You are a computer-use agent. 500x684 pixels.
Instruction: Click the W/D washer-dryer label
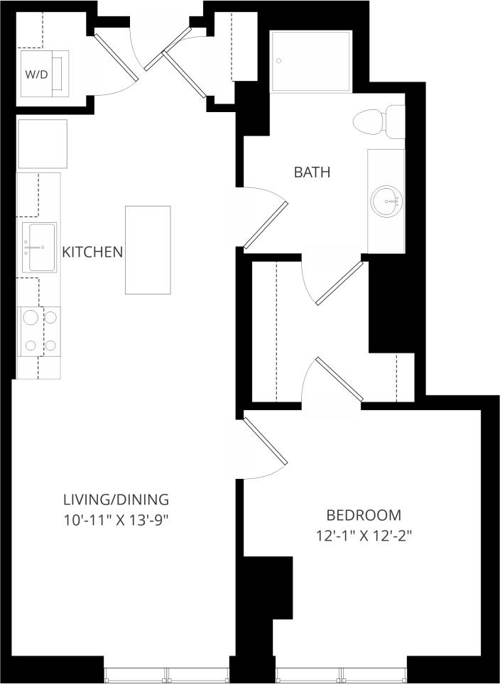coord(36,74)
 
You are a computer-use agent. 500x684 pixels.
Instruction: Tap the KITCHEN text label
coord(92,252)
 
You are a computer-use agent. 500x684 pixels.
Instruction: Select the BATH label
coord(312,172)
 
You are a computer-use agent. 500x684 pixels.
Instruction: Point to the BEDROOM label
coord(364,515)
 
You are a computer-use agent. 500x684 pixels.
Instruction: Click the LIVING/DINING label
coord(116,498)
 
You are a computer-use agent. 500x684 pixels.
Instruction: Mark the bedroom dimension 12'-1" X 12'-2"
coord(364,537)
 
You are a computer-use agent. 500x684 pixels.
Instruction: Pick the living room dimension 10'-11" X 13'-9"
coord(116,520)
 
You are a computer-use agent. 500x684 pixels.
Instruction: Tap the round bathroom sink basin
coord(386,201)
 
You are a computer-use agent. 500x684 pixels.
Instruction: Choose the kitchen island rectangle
coord(148,250)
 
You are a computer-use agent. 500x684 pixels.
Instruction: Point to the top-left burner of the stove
coord(31,318)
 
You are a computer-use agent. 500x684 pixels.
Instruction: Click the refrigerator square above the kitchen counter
coord(42,144)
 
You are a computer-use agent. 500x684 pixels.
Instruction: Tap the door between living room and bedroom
coord(263,442)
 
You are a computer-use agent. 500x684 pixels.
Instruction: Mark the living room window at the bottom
coord(167,674)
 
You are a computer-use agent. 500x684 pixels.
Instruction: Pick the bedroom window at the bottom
coord(341,674)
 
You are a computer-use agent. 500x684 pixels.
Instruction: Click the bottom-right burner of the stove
coord(52,346)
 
